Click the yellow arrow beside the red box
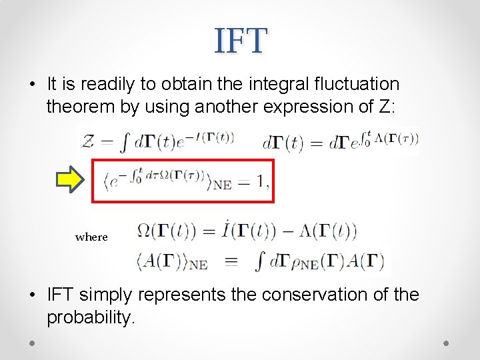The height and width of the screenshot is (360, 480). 72,179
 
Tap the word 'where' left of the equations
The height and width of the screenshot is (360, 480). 91,237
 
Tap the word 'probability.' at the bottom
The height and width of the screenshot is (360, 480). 91,317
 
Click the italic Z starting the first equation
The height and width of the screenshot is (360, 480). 88,141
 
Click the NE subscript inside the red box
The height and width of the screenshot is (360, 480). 222,185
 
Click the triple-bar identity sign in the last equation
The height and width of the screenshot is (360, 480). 231,262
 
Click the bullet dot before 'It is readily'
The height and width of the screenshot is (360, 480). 33,85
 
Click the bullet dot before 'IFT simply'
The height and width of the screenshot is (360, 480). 33,295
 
